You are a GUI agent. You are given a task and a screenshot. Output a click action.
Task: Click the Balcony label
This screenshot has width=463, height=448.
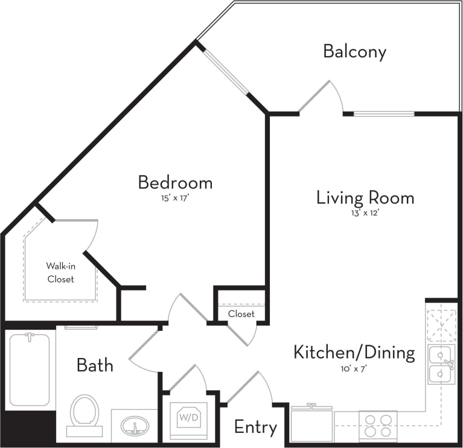pyautogui.click(x=354, y=52)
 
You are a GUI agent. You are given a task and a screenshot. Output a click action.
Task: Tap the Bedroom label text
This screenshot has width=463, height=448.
pyautogui.click(x=175, y=182)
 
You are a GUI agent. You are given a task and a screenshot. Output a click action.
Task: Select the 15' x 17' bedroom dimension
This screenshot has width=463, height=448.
pyautogui.click(x=175, y=196)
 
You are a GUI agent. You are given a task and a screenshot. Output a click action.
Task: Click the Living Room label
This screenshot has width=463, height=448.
pyautogui.click(x=365, y=197)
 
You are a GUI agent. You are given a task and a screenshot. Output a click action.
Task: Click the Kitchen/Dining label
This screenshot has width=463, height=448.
pyautogui.click(x=354, y=353)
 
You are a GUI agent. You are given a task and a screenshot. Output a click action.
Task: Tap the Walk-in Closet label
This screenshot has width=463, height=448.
pyautogui.click(x=60, y=272)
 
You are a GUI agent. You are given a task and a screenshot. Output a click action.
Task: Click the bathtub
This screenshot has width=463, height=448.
pyautogui.click(x=29, y=369)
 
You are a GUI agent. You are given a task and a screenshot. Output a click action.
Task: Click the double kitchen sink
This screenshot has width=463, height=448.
pyautogui.click(x=441, y=365)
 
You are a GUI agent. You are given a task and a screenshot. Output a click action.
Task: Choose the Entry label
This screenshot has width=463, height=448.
pyautogui.click(x=255, y=427)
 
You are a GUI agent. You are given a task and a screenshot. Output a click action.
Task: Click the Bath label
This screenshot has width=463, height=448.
pyautogui.click(x=95, y=365)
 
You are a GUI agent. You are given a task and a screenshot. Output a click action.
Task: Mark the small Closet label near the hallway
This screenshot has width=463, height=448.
pyautogui.click(x=241, y=314)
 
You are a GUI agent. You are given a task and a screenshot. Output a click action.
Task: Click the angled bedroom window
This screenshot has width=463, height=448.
pyautogui.click(x=225, y=71)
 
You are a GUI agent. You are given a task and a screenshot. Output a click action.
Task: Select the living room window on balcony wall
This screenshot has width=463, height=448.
pyautogui.click(x=384, y=114)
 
